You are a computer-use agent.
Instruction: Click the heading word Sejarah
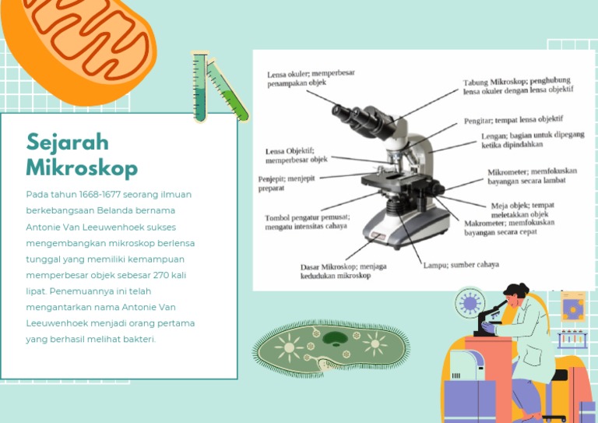(x=68, y=143)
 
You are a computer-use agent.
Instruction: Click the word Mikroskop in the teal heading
(x=82, y=168)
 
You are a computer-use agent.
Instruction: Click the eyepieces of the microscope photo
(x=359, y=115)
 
